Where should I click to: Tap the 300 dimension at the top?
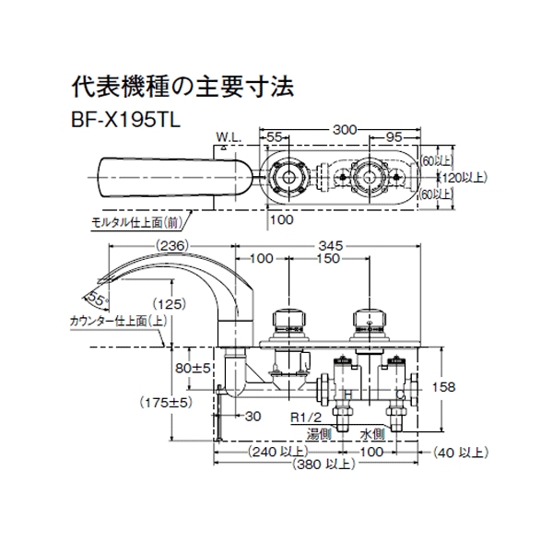pos(345,132)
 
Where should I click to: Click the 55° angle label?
pos(94,297)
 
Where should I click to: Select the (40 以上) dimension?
pos(457,452)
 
